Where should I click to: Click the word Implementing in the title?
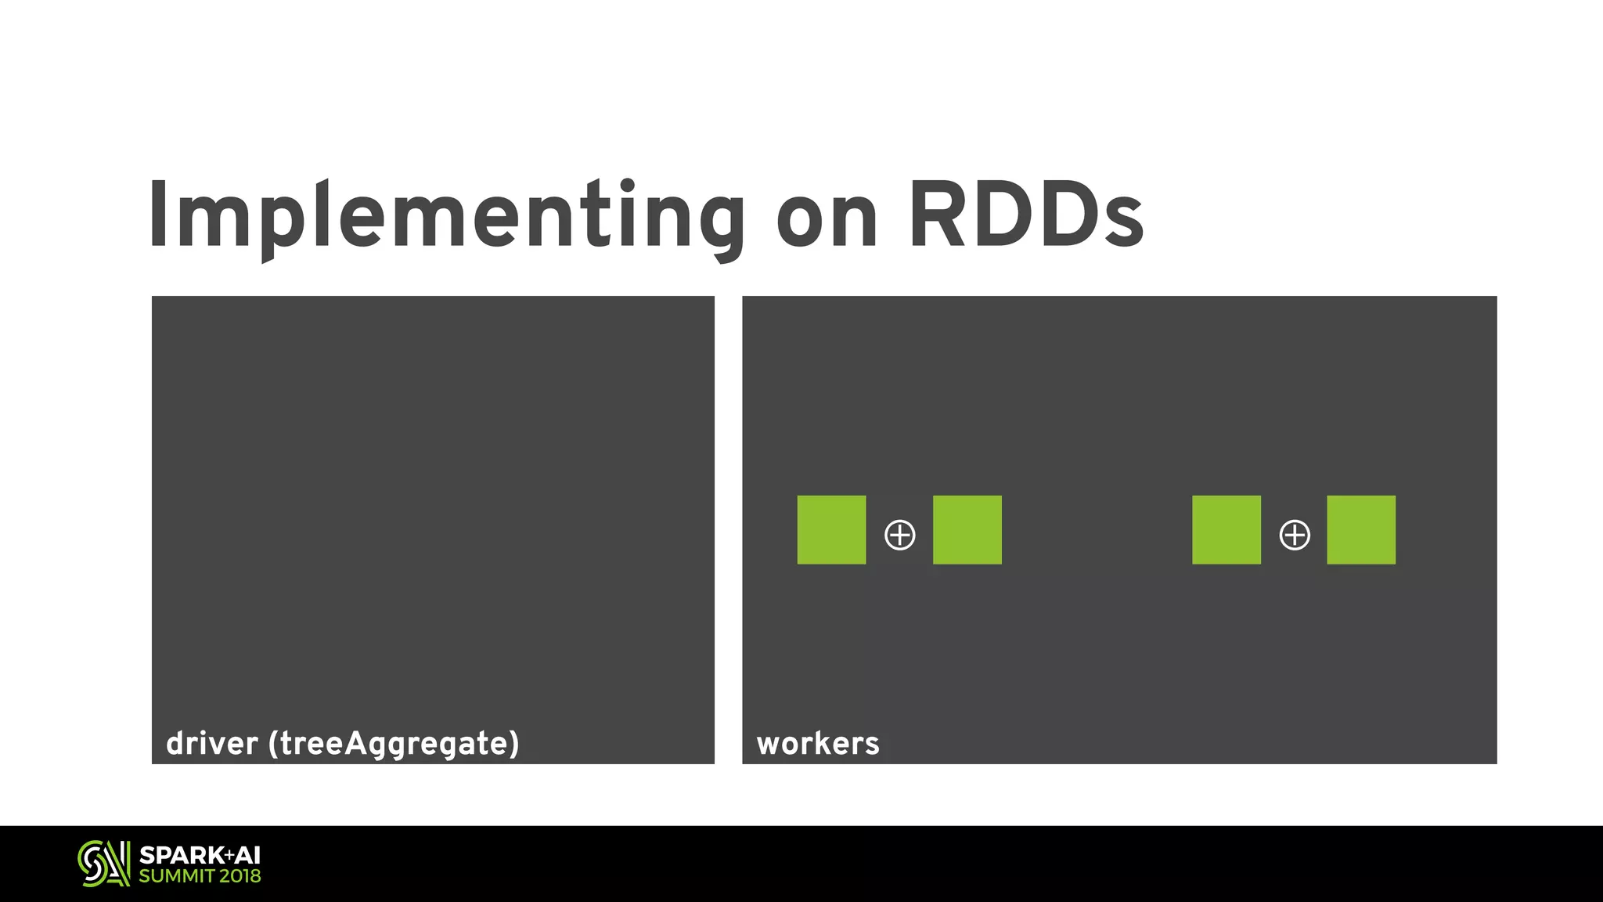point(446,216)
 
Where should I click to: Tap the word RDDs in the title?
point(1025,216)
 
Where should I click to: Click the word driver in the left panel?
point(211,743)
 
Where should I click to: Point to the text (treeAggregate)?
point(394,744)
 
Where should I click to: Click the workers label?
point(818,744)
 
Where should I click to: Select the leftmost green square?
point(831,529)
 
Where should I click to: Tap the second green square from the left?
point(967,529)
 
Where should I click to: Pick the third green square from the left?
point(1226,529)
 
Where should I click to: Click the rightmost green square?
point(1360,529)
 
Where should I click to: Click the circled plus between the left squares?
point(899,536)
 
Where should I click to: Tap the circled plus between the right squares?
point(1294,536)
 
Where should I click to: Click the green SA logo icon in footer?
point(103,864)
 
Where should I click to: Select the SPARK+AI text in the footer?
point(200,855)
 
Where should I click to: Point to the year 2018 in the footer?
point(240,876)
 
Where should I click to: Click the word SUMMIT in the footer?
point(177,876)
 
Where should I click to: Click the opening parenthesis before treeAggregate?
point(273,744)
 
